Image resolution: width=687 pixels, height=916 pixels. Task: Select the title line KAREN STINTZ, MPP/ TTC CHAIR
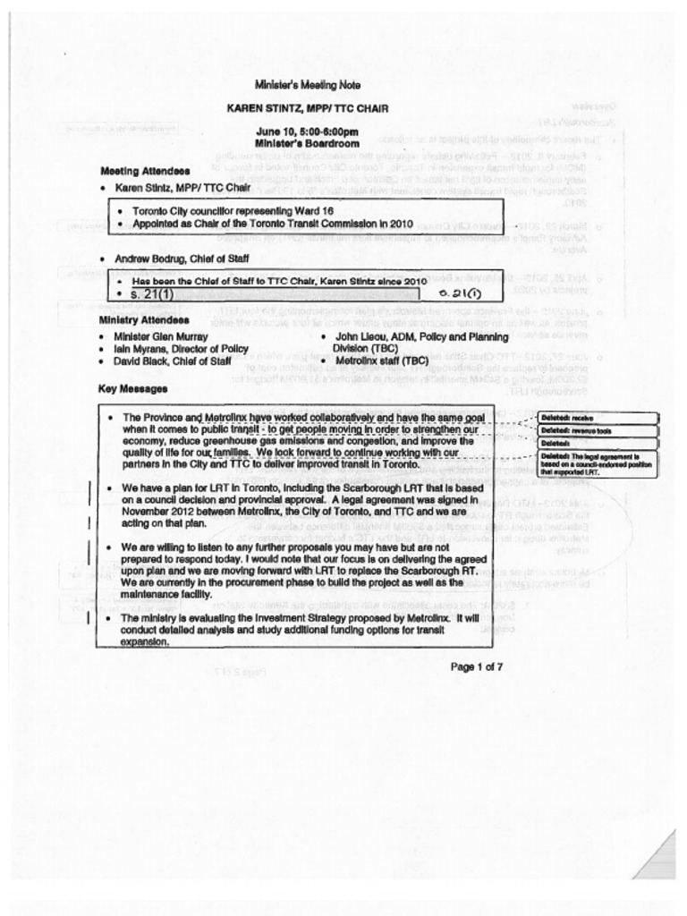point(307,108)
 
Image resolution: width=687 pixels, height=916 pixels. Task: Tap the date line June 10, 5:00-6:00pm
point(307,131)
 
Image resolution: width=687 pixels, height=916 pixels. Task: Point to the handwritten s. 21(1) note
point(462,293)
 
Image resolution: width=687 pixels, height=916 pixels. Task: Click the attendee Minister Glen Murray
point(160,336)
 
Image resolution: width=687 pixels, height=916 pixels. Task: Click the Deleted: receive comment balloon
point(598,418)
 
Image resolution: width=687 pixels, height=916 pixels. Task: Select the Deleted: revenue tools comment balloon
point(598,430)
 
